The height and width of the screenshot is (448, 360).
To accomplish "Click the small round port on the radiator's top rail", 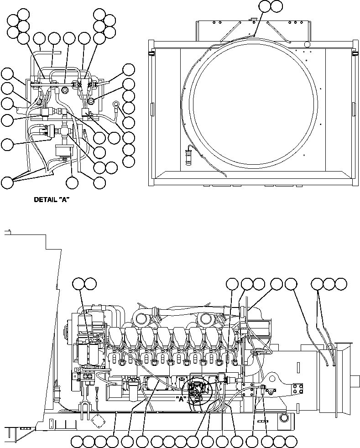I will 307,43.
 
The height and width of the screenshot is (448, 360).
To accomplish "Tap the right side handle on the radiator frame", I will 354,109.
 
